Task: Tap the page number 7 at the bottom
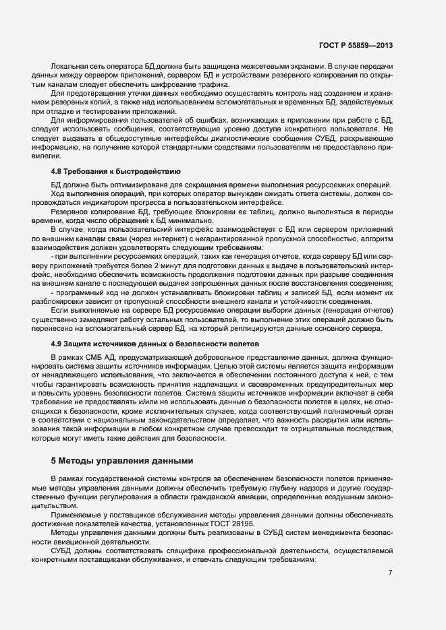390,573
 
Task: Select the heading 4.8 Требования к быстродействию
115,171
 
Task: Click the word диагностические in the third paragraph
229,137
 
